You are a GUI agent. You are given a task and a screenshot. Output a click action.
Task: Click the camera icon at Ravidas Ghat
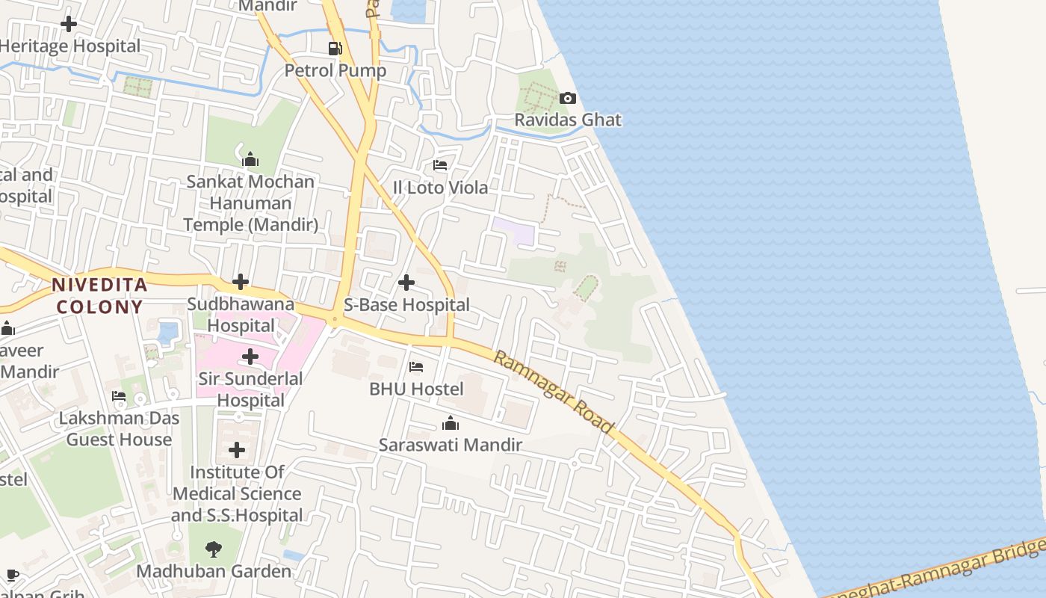point(568,99)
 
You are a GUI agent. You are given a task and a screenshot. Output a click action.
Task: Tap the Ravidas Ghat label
point(568,120)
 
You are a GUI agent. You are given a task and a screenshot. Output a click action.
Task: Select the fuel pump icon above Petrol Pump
point(335,49)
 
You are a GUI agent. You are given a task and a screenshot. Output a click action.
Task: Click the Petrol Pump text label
point(335,70)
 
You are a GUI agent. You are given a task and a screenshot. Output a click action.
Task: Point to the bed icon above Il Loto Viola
point(440,165)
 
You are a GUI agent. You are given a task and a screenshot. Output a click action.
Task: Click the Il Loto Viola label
point(440,187)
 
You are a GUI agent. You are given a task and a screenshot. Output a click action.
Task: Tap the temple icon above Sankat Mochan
point(250,159)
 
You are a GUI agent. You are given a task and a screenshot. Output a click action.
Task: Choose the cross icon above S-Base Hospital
point(406,283)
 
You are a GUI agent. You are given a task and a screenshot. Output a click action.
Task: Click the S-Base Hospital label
point(406,304)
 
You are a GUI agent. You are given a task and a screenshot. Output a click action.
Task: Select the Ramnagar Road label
point(554,392)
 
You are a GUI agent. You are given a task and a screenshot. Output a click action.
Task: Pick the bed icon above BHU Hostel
point(416,367)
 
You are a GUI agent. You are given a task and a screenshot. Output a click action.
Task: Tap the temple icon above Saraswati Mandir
point(450,424)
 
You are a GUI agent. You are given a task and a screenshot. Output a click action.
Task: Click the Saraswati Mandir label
point(450,445)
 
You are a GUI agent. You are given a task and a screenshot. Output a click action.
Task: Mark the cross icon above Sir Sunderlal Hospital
point(250,357)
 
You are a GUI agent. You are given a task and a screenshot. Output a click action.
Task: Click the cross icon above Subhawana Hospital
point(241,282)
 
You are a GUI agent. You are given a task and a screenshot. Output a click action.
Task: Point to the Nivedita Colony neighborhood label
point(98,295)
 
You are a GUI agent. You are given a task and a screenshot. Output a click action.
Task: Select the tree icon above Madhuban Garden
point(214,549)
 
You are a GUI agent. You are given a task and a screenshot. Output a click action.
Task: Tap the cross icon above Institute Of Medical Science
point(237,450)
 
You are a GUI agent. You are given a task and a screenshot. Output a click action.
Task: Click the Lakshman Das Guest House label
point(120,428)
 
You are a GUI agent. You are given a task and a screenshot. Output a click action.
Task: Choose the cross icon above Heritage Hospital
point(69,24)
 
